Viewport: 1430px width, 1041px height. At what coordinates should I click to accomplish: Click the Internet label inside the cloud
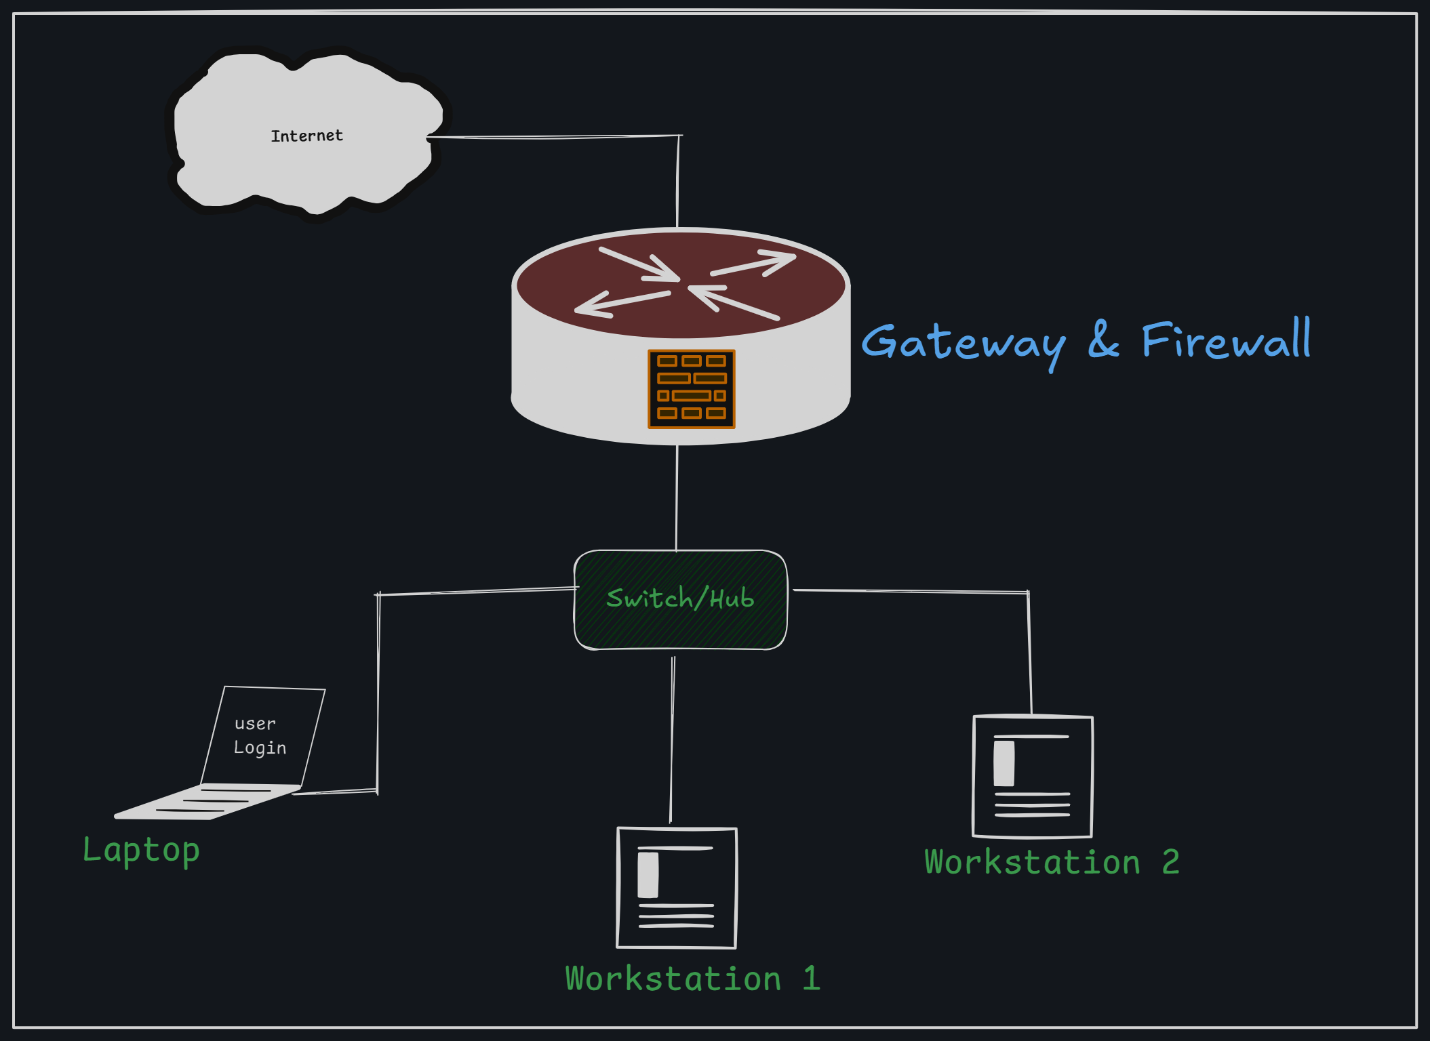(x=306, y=136)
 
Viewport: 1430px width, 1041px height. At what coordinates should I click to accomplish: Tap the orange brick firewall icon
(x=691, y=388)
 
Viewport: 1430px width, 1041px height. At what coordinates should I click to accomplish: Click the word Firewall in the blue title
(x=1226, y=340)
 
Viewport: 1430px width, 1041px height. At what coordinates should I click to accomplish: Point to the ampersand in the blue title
(x=1103, y=340)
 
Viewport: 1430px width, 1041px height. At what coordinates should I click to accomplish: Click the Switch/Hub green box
(x=680, y=600)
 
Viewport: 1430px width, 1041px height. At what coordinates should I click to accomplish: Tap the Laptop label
(x=141, y=851)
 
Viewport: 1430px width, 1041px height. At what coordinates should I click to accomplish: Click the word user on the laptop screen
(x=255, y=724)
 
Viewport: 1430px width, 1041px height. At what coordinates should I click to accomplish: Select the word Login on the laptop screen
(x=260, y=748)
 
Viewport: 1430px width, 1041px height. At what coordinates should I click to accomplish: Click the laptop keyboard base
(x=207, y=802)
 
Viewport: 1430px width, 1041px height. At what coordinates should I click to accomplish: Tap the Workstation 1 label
(x=692, y=979)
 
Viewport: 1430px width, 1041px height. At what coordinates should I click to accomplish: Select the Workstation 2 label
(x=1051, y=862)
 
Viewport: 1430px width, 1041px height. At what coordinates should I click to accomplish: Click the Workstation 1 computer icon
(x=676, y=888)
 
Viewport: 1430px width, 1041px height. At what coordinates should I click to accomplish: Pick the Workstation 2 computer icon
(x=1032, y=777)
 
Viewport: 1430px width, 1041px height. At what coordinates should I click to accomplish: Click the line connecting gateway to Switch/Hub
(x=677, y=498)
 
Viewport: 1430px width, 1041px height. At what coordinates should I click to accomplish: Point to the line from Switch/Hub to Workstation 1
(x=672, y=739)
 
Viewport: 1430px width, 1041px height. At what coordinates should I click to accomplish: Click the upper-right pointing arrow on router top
(x=754, y=265)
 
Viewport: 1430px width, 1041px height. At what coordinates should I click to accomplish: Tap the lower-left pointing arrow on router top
(x=622, y=303)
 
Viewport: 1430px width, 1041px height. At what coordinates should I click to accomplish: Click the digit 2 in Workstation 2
(x=1170, y=862)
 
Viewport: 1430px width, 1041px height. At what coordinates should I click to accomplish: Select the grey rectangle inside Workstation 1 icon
(x=648, y=875)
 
